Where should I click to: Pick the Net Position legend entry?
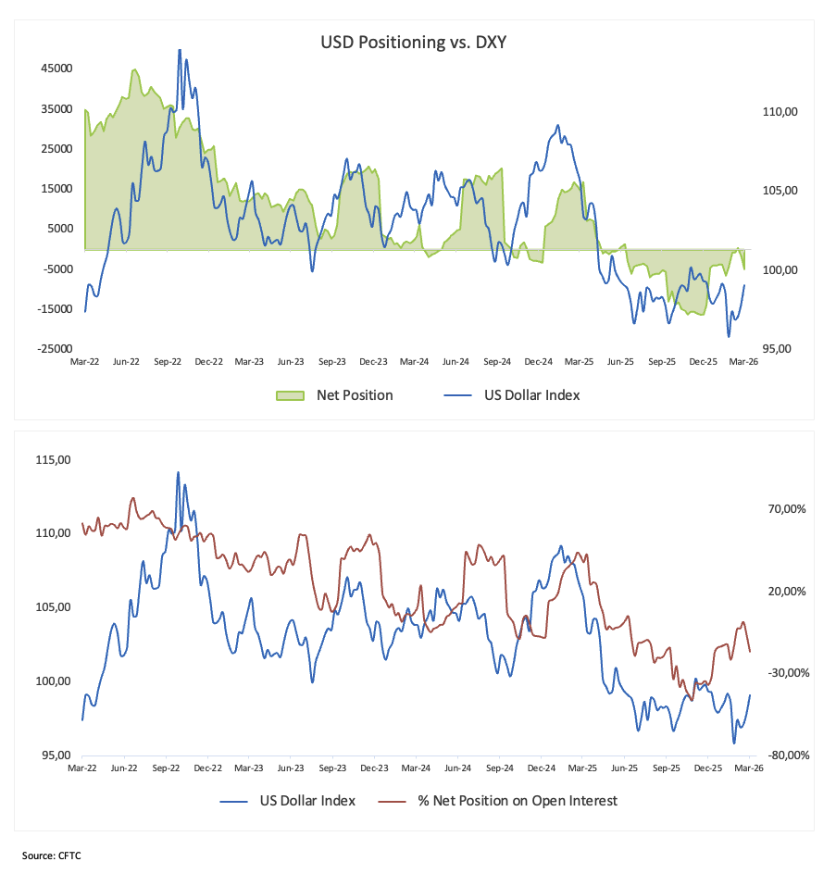[x=354, y=395]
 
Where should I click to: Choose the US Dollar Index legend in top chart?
[x=531, y=395]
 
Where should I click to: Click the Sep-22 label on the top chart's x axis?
[x=166, y=362]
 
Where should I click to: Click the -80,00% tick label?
[x=787, y=755]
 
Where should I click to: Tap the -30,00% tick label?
[x=787, y=673]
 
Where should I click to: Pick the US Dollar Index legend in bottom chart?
[x=306, y=801]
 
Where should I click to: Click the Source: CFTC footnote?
[x=52, y=855]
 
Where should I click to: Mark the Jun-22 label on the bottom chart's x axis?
[x=124, y=768]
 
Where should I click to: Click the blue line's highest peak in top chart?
[x=180, y=50]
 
